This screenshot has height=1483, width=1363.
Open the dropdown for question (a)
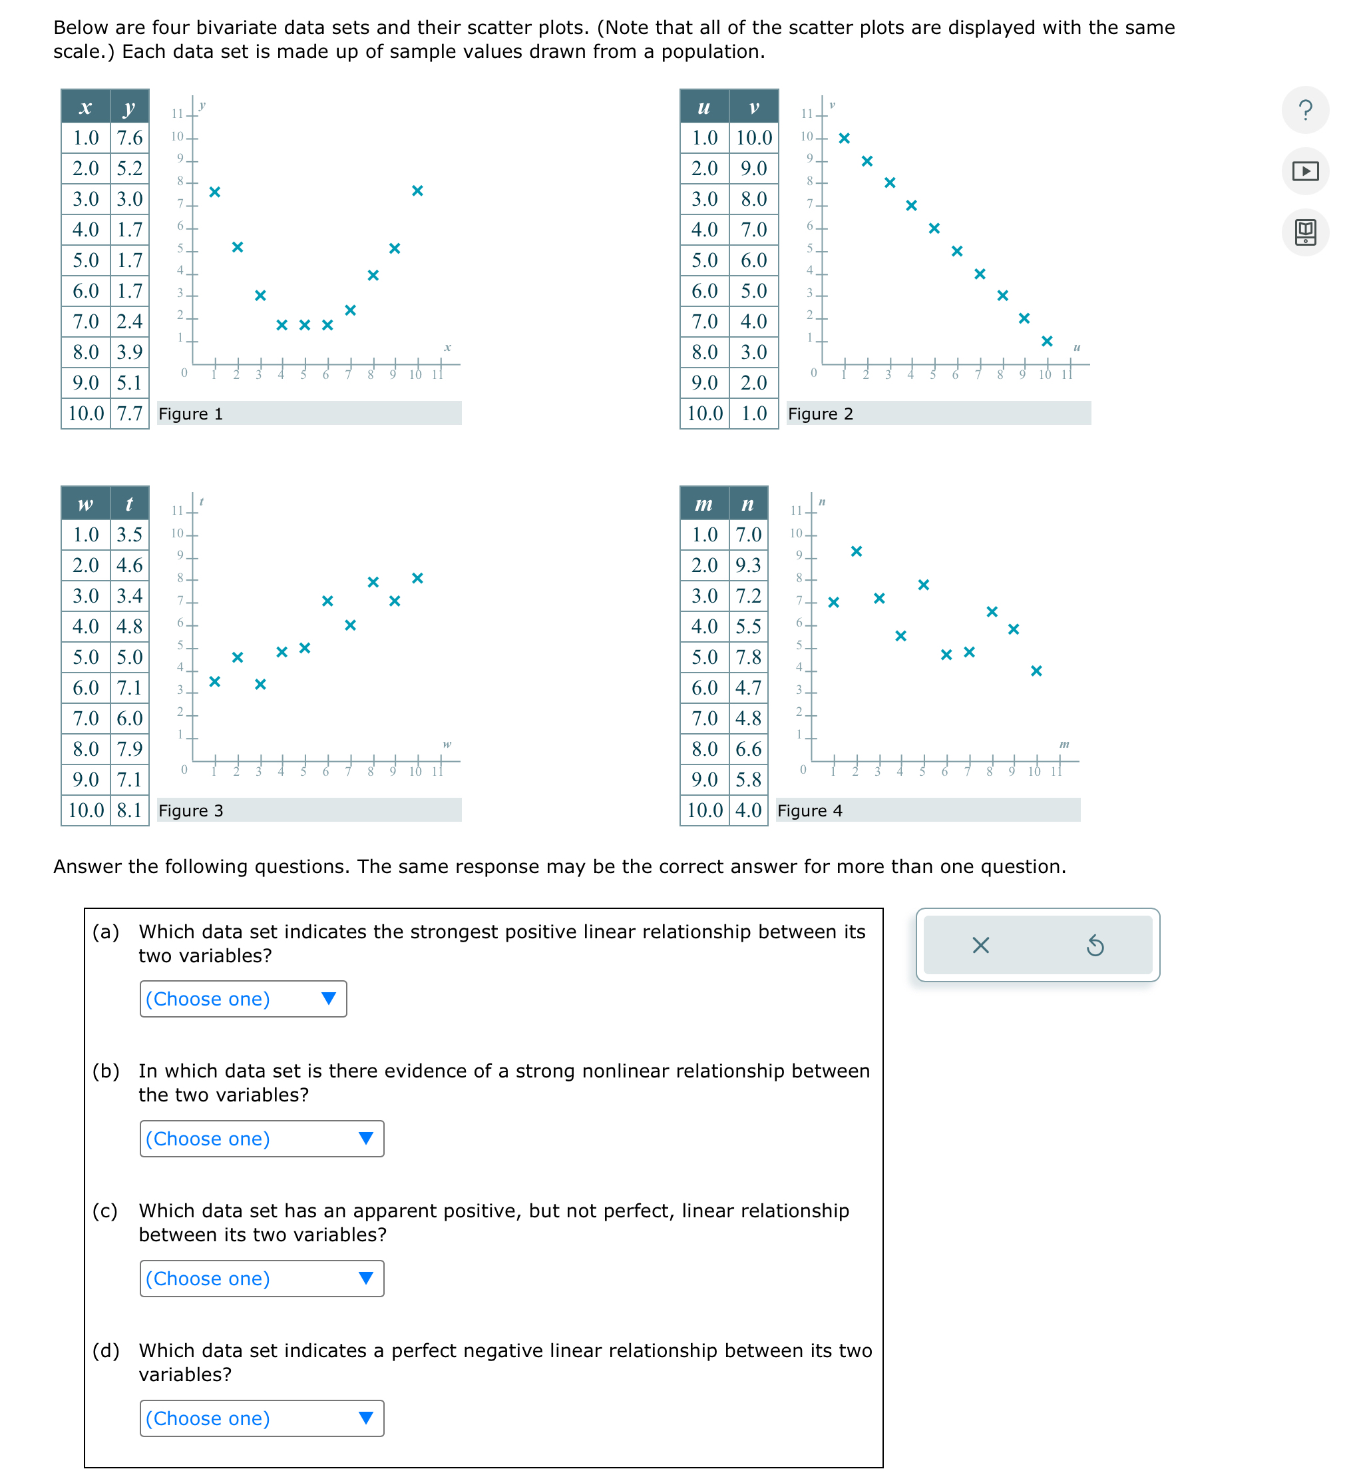(243, 998)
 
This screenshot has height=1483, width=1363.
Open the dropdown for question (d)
(261, 1417)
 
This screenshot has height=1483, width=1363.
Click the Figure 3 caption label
(191, 810)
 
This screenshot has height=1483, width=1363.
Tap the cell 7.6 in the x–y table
(130, 138)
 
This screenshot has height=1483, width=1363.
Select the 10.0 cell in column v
(754, 138)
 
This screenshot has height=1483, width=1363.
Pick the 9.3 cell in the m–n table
(748, 565)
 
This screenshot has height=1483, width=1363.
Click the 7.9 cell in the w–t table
(130, 749)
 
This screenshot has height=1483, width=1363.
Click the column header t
(130, 504)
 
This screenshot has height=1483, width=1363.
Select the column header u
(703, 107)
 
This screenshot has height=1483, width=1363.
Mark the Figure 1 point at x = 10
(417, 190)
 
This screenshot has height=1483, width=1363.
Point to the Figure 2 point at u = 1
(845, 138)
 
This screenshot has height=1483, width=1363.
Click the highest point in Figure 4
(857, 551)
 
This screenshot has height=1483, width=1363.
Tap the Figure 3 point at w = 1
(214, 681)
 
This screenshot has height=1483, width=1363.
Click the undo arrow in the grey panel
(1095, 945)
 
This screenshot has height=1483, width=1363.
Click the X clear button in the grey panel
(980, 945)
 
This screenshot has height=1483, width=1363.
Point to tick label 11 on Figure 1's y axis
(177, 114)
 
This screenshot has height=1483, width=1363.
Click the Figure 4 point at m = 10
(1036, 671)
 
